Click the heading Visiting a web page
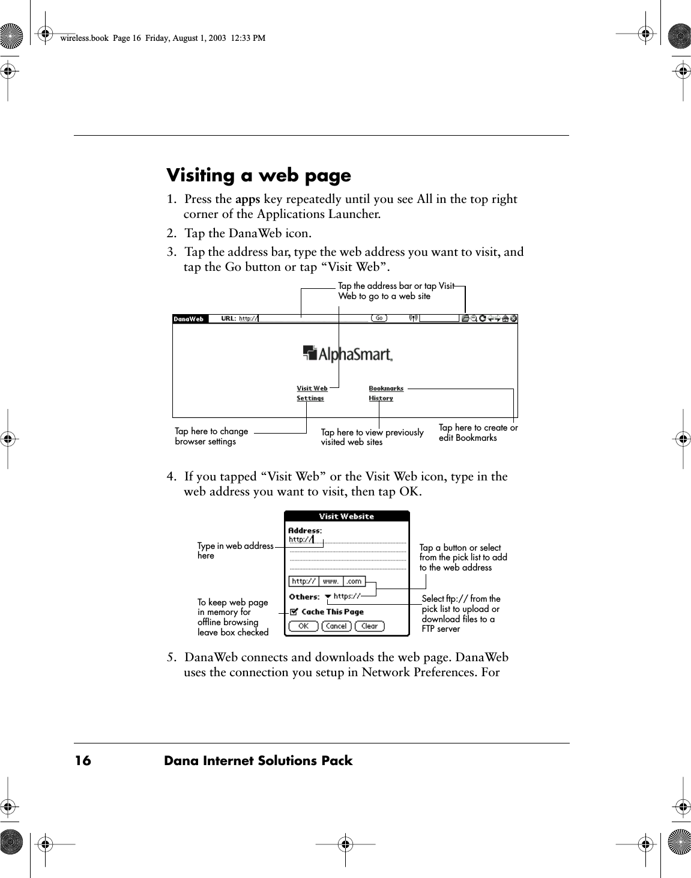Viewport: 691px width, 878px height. coord(258,176)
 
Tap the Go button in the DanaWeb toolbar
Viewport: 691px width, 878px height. coord(379,318)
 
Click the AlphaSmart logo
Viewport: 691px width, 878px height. coord(348,354)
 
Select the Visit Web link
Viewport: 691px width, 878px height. coord(312,389)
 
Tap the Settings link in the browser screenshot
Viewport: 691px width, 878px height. coord(310,398)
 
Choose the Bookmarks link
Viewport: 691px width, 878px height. coord(386,389)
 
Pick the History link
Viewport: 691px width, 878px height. coord(381,398)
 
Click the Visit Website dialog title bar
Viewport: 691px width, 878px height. coord(346,516)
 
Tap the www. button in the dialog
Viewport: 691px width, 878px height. coord(331,581)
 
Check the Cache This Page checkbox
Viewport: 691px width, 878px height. coord(294,612)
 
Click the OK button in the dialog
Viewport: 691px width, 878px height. coord(303,626)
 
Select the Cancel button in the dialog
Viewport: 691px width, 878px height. coord(336,626)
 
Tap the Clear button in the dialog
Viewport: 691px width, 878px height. coord(369,626)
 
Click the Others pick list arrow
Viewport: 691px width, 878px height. coord(328,596)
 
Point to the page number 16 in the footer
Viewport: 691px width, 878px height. coord(83,761)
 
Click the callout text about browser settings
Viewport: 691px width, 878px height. coord(211,437)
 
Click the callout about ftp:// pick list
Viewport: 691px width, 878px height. coord(460,614)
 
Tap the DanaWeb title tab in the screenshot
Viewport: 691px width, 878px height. coord(189,319)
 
